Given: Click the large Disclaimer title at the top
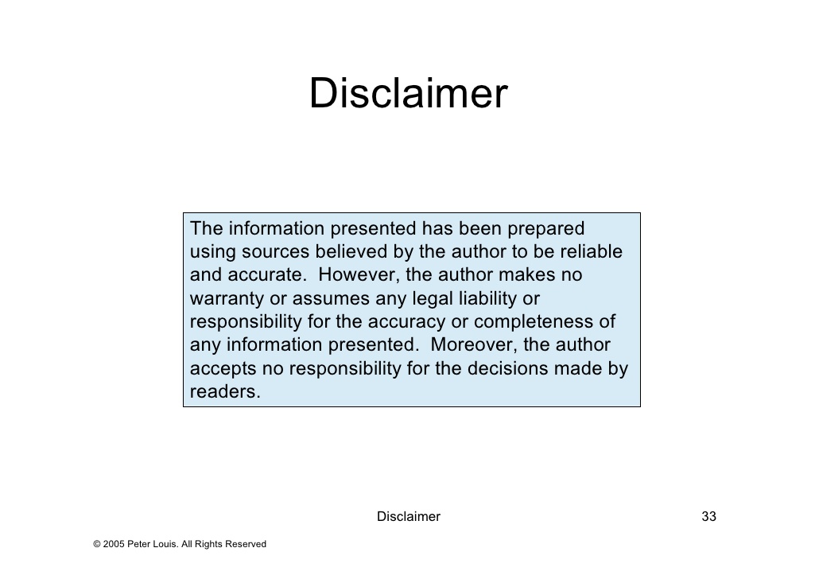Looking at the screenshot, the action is click(x=409, y=93).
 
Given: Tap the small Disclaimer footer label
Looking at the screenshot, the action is click(x=409, y=516).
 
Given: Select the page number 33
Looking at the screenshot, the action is click(x=708, y=516).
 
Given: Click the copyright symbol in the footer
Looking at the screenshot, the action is click(x=97, y=544).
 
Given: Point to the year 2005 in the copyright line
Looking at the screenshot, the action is click(x=114, y=544).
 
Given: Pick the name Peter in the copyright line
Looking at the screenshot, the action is click(x=138, y=544).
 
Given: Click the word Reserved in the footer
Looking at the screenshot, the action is click(x=246, y=544).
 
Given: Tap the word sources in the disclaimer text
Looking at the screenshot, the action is click(x=275, y=252).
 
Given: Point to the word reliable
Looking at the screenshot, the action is click(x=592, y=251).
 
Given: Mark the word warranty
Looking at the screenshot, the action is click(x=227, y=299).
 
